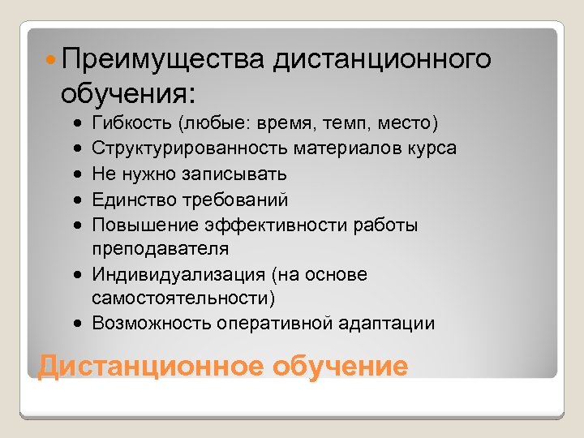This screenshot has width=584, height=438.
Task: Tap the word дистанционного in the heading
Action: pos(383,59)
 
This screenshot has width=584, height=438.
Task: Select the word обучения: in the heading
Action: pos(127,93)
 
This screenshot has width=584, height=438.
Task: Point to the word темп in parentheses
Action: pos(345,124)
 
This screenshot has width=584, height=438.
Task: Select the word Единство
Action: pos(128,200)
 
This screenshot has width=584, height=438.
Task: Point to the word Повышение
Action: pos(135,225)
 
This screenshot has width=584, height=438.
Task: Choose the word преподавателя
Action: pos(160,249)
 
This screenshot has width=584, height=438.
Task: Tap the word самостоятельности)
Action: pos(183,298)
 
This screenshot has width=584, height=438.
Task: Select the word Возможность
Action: pos(152,324)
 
